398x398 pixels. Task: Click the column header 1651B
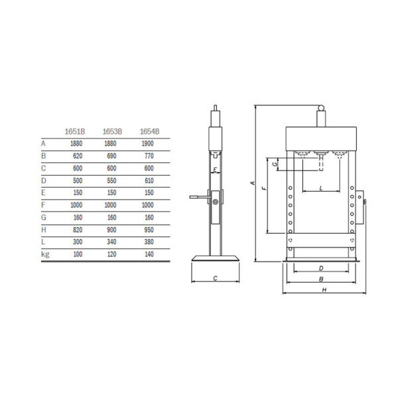coord(74,131)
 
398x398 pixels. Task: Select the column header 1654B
coord(149,131)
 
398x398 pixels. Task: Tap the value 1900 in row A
coord(147,143)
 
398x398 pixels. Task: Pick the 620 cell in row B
coord(78,156)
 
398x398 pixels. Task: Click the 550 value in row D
coord(111,180)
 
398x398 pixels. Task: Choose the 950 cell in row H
coord(149,230)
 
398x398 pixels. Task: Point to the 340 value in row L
coord(111,241)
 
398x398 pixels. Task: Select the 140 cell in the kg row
coord(149,254)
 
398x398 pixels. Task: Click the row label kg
coord(45,254)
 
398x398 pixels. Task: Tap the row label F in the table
coord(43,205)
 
